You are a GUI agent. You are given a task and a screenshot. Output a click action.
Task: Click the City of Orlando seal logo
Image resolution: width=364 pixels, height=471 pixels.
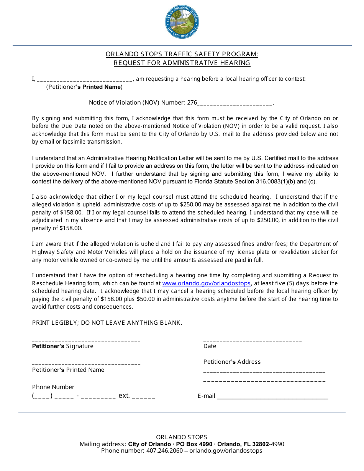[x=182, y=23]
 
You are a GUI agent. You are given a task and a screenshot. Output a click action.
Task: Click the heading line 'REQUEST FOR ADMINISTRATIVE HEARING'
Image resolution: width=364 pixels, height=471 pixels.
[x=182, y=63]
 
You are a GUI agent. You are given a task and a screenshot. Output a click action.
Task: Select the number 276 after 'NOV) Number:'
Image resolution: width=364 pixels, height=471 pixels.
[x=192, y=103]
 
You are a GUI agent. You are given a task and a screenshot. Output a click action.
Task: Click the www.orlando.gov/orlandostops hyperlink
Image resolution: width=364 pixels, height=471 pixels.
[x=207, y=283]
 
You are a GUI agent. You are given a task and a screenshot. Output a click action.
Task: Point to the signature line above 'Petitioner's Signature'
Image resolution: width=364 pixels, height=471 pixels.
[x=86, y=340]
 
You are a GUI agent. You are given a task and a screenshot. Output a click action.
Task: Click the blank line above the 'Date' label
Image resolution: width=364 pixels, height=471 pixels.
[x=253, y=340]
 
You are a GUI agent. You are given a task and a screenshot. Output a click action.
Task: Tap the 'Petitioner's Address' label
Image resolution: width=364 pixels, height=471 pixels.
[x=232, y=362]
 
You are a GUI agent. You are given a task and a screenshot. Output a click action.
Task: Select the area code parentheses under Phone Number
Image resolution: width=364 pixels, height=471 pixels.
[x=42, y=396]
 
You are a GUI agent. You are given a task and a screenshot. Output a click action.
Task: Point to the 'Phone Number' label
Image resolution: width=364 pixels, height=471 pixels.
[x=53, y=387]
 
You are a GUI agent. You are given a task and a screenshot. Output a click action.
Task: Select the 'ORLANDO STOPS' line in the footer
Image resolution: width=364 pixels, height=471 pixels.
[x=182, y=437]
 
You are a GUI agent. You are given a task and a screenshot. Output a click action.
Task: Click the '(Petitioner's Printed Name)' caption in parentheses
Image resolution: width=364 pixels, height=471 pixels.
[x=84, y=87]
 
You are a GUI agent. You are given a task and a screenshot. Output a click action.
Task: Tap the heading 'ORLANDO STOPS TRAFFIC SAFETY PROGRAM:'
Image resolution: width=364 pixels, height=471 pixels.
[x=182, y=54]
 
